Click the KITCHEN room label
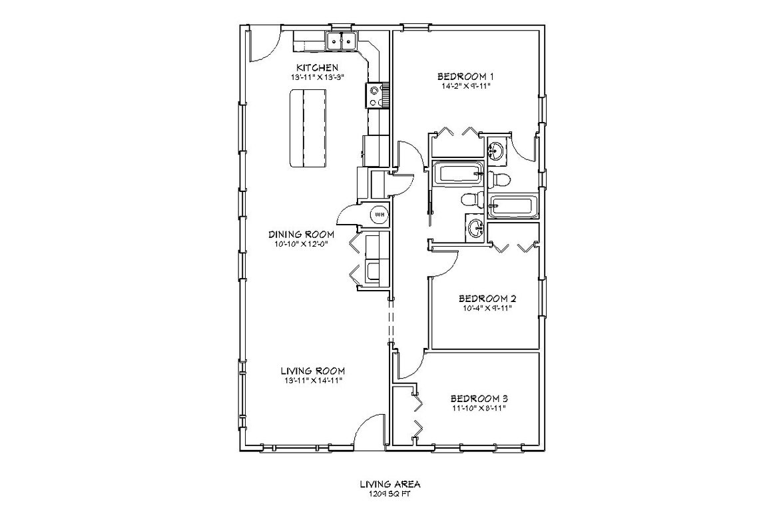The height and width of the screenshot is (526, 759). click(318, 67)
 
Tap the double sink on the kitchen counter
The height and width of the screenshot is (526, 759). click(340, 41)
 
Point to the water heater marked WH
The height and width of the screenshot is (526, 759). click(379, 215)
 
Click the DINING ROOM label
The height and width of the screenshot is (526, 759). click(301, 234)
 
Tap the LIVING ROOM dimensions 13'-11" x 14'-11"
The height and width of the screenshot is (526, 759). click(312, 381)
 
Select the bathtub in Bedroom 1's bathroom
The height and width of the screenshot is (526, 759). click(513, 206)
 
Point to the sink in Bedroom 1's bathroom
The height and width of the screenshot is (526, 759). click(497, 151)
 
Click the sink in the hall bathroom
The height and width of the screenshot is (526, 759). click(475, 228)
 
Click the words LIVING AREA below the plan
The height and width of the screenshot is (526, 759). click(387, 485)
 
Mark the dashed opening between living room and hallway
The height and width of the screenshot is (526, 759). click(391, 321)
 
